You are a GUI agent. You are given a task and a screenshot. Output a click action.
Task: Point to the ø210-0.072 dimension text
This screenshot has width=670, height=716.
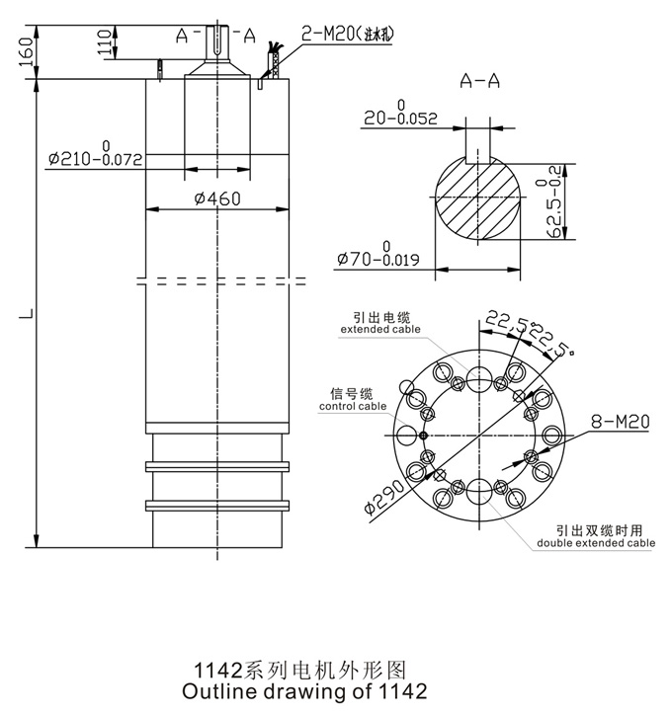(95, 157)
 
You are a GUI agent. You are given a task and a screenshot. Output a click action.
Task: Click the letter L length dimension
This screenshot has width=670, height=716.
(30, 315)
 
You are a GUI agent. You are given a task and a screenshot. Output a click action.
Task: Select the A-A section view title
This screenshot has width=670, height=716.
(478, 83)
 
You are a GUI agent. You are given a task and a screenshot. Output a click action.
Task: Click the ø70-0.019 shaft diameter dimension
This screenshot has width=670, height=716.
(379, 259)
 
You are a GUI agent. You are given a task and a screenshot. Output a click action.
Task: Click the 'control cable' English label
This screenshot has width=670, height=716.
(352, 405)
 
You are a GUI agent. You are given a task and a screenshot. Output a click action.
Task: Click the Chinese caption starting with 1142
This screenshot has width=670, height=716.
(303, 669)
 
